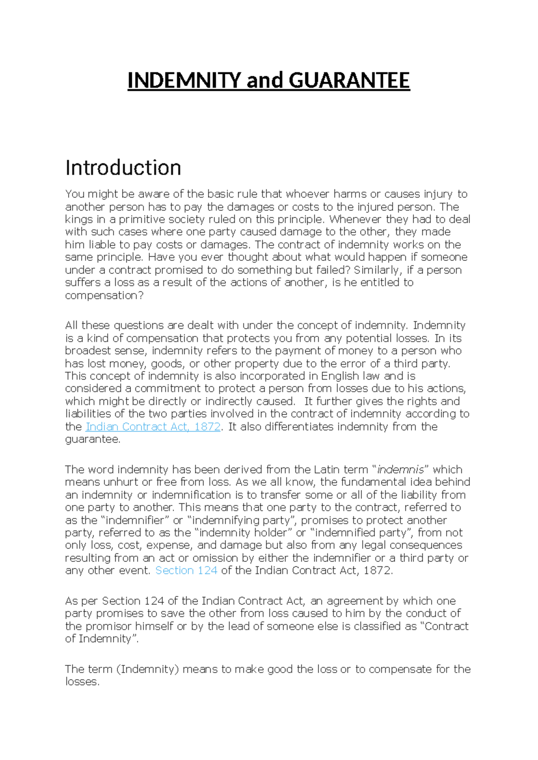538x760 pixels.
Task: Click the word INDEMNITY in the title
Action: (x=184, y=81)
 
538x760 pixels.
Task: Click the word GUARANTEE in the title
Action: (x=349, y=81)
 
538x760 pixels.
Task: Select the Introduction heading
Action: (x=123, y=168)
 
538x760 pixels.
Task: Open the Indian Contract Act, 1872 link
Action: (x=153, y=427)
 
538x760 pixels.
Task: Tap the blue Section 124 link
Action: (x=186, y=570)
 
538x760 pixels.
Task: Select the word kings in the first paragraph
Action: (x=78, y=220)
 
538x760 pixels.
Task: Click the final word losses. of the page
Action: (x=82, y=682)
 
